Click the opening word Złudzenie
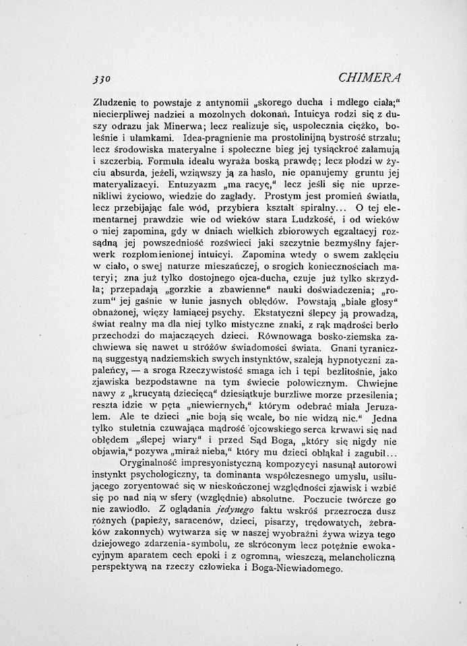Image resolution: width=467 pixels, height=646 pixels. (115, 103)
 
